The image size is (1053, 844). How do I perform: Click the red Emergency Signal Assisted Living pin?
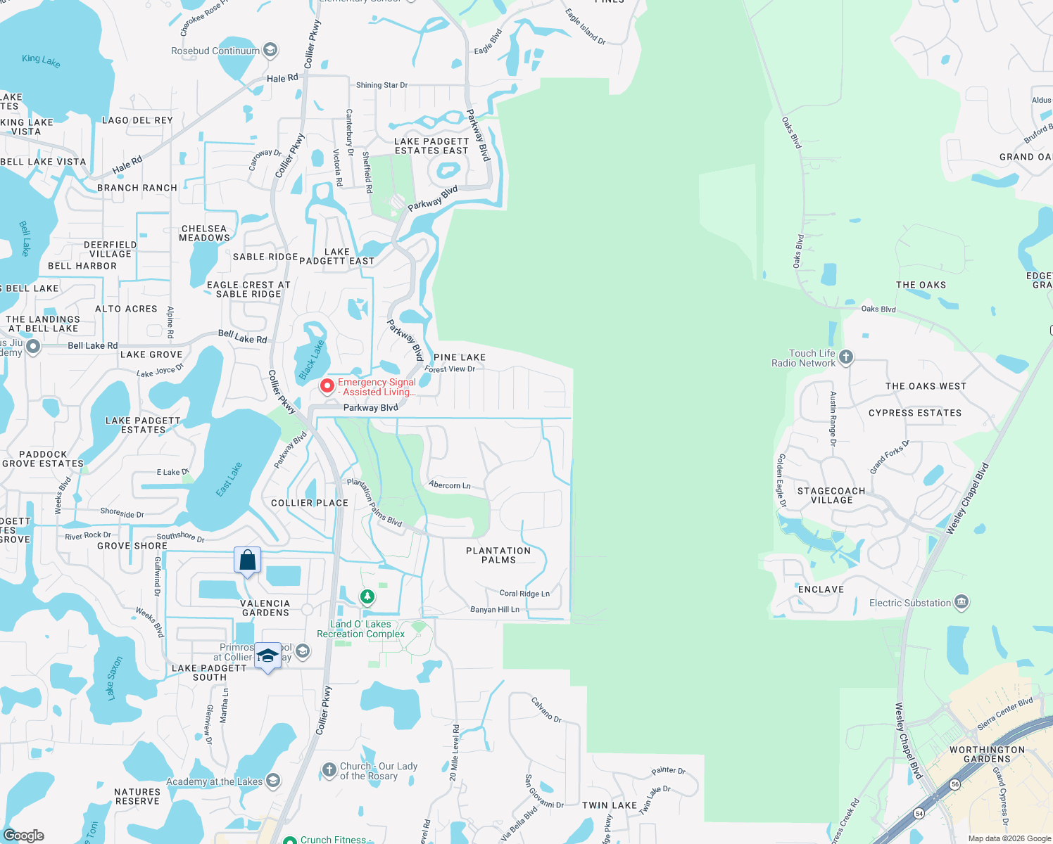tap(327, 385)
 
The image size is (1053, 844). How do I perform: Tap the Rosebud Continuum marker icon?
tap(270, 51)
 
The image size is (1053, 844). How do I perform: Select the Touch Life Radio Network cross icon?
tap(846, 357)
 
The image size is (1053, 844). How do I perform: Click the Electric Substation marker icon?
tap(961, 603)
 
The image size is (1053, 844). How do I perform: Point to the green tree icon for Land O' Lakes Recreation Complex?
tap(367, 597)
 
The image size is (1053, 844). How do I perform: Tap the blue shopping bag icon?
tap(248, 561)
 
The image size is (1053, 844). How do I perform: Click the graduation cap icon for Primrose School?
tap(267, 656)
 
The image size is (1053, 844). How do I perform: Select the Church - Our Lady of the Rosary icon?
tap(329, 770)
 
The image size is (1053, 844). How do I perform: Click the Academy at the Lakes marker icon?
tap(273, 781)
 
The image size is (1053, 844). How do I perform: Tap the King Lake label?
tap(41, 60)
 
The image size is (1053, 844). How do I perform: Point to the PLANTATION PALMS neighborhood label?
tap(498, 555)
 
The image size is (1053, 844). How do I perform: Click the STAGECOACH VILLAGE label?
tap(831, 495)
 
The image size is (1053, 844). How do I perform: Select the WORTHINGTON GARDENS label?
tap(987, 754)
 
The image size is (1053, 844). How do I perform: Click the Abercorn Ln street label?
tap(450, 485)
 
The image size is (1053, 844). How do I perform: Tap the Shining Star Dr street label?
tap(382, 85)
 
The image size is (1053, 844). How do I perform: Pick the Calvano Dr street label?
tap(546, 709)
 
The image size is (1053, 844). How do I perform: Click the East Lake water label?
tap(229, 480)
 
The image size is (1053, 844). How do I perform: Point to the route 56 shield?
tap(954, 784)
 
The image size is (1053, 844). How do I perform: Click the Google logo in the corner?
tap(24, 836)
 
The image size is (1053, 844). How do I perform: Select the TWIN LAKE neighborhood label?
tap(610, 805)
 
